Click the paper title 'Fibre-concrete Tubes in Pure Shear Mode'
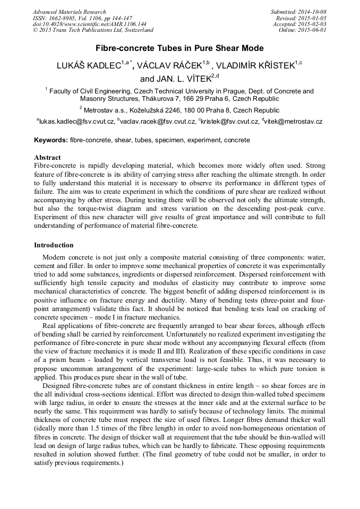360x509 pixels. (x=179, y=48)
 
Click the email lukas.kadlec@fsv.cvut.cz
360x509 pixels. (x=76, y=122)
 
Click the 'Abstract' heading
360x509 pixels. (x=47, y=158)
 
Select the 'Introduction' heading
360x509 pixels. (x=54, y=245)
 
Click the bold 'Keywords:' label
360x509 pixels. (x=51, y=140)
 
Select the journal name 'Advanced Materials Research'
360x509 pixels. (x=69, y=12)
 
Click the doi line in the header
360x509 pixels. (x=89, y=24)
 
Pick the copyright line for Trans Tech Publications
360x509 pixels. (x=93, y=30)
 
